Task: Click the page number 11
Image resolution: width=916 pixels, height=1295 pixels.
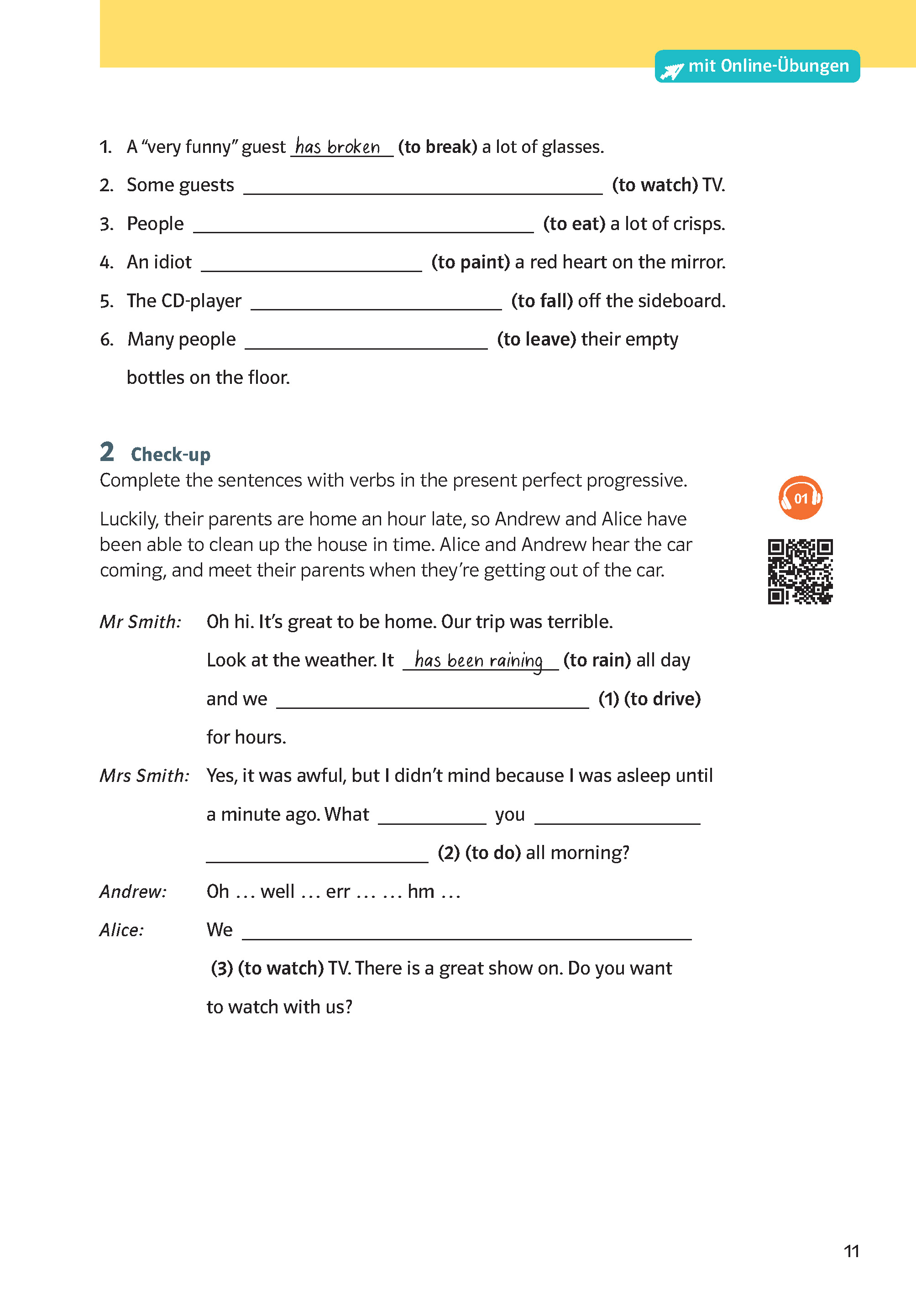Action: [x=851, y=1251]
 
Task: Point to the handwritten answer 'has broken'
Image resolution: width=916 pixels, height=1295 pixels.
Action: [x=338, y=147]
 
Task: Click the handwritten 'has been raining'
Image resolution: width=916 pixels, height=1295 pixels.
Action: [x=479, y=660]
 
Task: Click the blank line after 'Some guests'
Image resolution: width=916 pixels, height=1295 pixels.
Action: [x=423, y=189]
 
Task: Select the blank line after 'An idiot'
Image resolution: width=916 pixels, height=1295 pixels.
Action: [x=311, y=266]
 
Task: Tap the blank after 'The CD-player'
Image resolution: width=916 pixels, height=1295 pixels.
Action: [x=376, y=304]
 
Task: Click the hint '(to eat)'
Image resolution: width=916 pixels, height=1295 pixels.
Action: [x=574, y=224]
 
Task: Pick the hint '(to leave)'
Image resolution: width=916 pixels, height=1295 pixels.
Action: [x=536, y=340]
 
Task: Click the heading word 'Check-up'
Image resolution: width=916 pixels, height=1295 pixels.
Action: [x=170, y=455]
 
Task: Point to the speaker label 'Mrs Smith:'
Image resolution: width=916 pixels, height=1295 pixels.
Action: [x=144, y=776]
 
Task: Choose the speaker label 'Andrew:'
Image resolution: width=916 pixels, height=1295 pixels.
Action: [x=133, y=892]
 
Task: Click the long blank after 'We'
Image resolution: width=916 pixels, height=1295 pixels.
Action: [x=466, y=933]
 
